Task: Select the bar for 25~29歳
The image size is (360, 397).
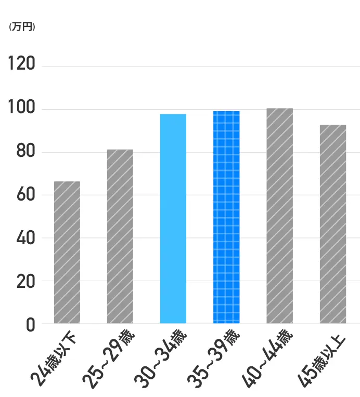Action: pos(120,236)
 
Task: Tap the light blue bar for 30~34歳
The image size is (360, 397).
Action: pos(173,219)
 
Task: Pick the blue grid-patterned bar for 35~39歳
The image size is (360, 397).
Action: pos(226,217)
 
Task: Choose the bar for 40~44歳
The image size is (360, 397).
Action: pos(280,216)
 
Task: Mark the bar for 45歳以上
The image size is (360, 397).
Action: pos(333,224)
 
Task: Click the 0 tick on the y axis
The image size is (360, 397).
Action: pos(30,324)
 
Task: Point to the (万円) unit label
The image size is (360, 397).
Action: pos(22,27)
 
